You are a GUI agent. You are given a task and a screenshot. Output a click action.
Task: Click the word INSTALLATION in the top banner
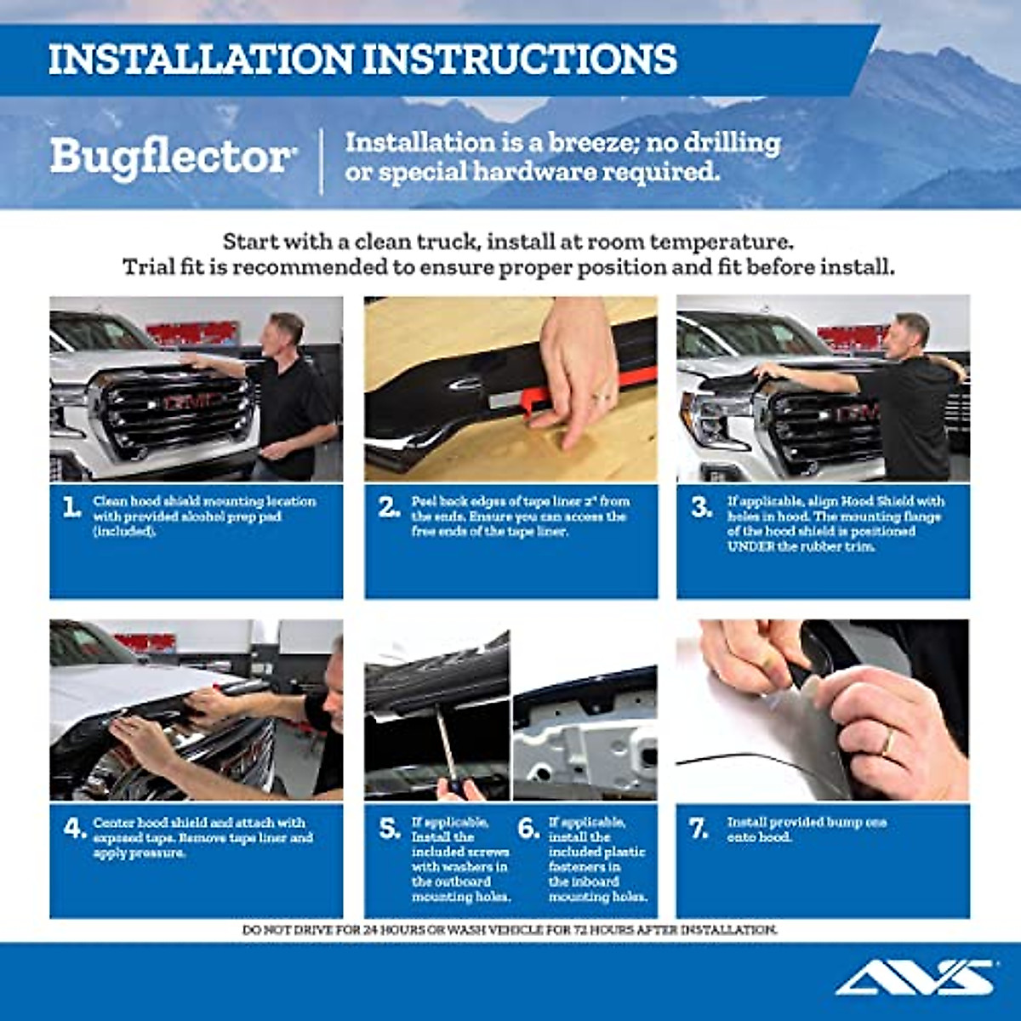pos(200,60)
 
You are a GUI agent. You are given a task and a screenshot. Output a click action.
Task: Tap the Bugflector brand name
pos(170,157)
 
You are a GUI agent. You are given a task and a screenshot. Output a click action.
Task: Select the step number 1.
pos(71,508)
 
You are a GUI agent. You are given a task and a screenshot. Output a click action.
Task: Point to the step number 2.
pos(389,508)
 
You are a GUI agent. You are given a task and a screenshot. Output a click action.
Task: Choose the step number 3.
pos(701,508)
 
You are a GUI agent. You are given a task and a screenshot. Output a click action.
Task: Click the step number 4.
pos(73,827)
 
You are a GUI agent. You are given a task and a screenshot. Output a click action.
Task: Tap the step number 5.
pos(390,829)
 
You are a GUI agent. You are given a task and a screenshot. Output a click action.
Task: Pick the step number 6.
pos(528,829)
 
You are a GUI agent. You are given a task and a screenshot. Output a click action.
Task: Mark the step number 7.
pos(699,829)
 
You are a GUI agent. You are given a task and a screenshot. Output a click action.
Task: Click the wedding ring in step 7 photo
pos(887,743)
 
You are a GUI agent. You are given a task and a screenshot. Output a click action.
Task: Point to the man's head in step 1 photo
pos(286,331)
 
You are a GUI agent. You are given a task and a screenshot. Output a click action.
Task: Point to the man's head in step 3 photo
pos(912,331)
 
